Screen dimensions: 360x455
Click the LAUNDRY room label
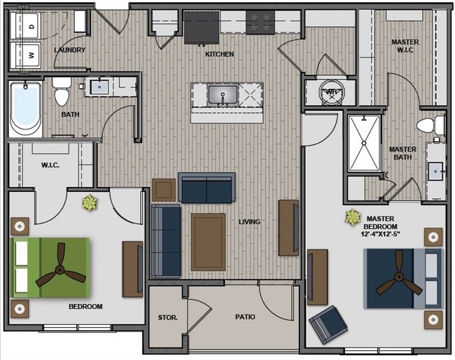69,50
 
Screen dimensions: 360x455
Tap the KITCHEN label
219,54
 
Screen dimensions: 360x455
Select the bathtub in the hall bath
26,109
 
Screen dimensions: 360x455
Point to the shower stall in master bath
365,144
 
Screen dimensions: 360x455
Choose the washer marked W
31,53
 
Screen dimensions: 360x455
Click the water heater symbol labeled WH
331,92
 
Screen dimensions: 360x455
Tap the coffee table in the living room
208,242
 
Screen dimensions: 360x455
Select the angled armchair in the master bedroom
328,324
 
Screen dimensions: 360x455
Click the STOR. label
168,317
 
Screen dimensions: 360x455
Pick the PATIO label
244,317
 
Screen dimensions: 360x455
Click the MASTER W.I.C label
405,47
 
